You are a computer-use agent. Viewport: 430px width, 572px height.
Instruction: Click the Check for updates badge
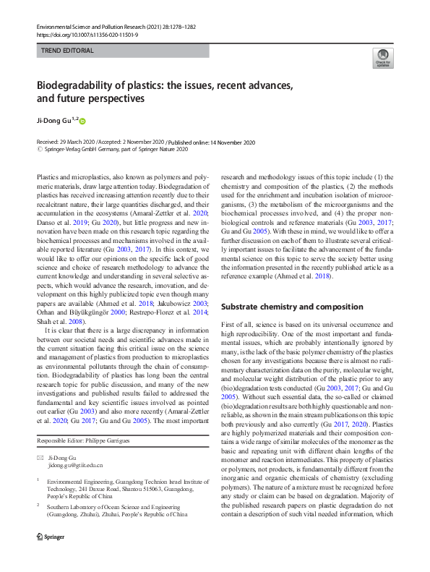point(382,58)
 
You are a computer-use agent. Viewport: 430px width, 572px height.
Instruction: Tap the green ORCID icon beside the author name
point(82,121)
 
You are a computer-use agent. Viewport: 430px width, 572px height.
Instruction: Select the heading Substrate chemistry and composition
point(292,307)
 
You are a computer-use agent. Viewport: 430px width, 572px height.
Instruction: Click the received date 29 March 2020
point(77,142)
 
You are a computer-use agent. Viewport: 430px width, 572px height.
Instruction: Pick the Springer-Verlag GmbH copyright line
point(112,149)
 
